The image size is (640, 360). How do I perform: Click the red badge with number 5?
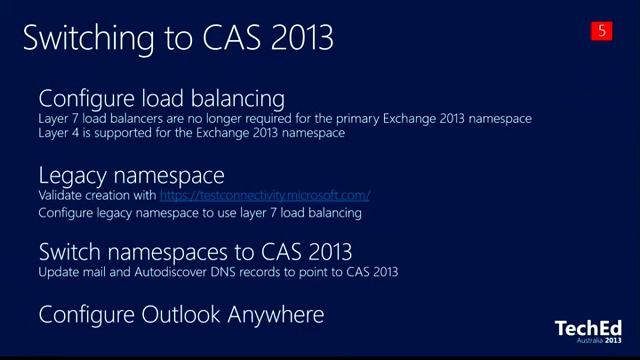[x=602, y=31]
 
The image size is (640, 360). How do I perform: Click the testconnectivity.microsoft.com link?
[x=264, y=195]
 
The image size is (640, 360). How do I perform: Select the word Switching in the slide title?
[x=83, y=38]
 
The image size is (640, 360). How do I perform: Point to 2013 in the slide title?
[x=297, y=38]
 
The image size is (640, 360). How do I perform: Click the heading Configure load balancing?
[x=161, y=98]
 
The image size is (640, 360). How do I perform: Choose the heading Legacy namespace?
[x=131, y=176]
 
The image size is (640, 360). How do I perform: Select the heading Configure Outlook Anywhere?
[x=181, y=315]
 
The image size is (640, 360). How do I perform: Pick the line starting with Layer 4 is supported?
[x=191, y=132]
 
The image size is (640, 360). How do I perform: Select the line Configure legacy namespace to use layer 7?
[x=199, y=212]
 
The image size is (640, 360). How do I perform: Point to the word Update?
[x=56, y=271]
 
